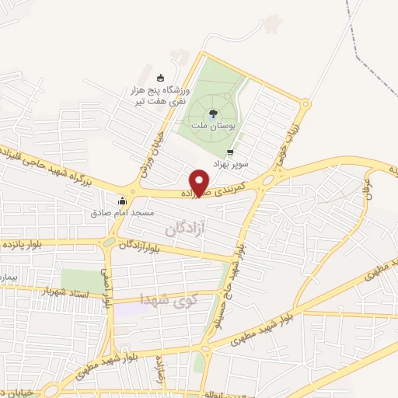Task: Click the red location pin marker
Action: click(201, 182)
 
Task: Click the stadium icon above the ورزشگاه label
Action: click(161, 77)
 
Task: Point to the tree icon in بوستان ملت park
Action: click(213, 113)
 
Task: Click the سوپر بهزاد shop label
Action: click(229, 163)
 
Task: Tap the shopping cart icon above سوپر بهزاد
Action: click(229, 152)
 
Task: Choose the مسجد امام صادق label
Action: click(123, 211)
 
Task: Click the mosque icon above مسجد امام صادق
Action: click(122, 200)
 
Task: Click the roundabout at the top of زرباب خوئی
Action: click(305, 103)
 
